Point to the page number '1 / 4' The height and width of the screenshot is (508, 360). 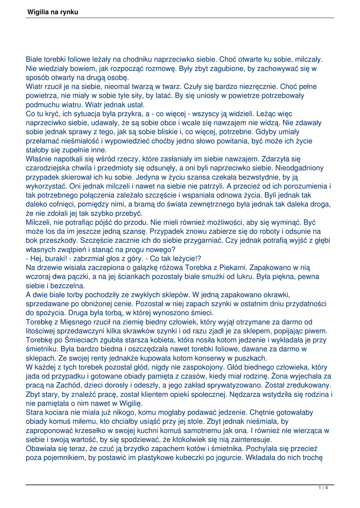click(x=323, y=488)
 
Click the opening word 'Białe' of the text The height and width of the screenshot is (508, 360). click(x=35, y=59)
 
